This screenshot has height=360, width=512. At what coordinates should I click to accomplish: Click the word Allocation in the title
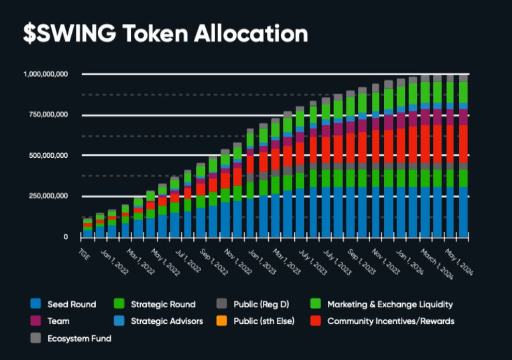click(x=250, y=33)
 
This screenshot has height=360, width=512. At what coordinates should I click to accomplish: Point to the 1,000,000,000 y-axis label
click(x=46, y=74)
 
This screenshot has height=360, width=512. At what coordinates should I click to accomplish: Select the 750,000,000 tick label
click(x=49, y=115)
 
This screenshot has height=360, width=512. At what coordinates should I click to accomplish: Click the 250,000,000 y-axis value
click(x=49, y=196)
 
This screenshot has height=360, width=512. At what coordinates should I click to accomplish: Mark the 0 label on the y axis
click(x=66, y=237)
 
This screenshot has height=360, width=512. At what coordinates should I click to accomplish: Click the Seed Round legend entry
click(x=71, y=304)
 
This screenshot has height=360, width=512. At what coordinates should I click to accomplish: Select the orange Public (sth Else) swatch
click(x=221, y=321)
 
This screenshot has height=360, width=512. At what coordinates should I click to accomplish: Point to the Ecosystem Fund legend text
click(x=79, y=338)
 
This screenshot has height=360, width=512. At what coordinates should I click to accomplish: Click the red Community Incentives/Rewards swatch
click(x=315, y=321)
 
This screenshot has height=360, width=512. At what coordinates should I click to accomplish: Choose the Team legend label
click(x=58, y=321)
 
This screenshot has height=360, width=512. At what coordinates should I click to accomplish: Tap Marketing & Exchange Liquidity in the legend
click(x=389, y=304)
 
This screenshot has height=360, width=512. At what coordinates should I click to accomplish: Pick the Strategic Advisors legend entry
click(x=167, y=321)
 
